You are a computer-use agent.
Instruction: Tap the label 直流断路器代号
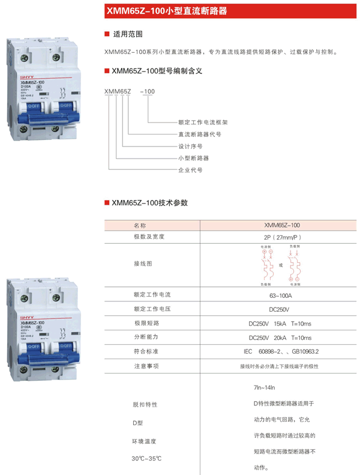[200, 134]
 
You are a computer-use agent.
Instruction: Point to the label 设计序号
[190, 146]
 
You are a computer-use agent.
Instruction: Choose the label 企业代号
[190, 170]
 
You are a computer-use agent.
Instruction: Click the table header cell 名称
[140, 225]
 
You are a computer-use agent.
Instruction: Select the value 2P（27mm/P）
[281, 237]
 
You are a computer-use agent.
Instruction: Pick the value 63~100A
[281, 295]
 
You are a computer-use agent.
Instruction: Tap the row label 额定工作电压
[152, 309]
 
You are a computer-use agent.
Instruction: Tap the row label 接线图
[143, 264]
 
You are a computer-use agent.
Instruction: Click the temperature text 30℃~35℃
[147, 459]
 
